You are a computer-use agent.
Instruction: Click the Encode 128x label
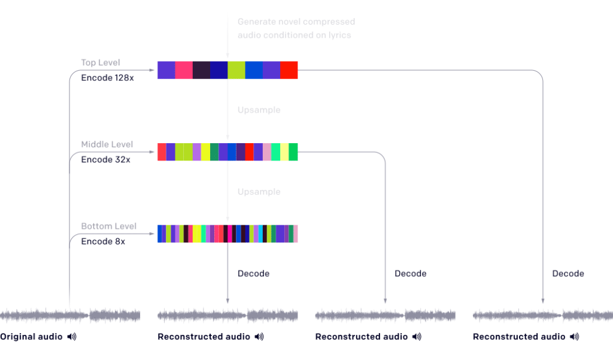pyautogui.click(x=108, y=78)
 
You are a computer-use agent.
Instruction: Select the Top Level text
pyautogui.click(x=101, y=63)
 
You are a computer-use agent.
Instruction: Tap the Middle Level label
pyautogui.click(x=107, y=144)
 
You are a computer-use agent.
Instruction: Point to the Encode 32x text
pyautogui.click(x=105, y=160)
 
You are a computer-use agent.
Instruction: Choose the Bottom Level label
pyautogui.click(x=109, y=226)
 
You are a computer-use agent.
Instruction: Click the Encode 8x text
pyautogui.click(x=103, y=241)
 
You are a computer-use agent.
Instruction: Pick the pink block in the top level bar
pyautogui.click(x=184, y=70)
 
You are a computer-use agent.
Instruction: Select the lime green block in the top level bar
pyautogui.click(x=236, y=70)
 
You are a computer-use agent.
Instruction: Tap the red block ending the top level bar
pyautogui.click(x=289, y=70)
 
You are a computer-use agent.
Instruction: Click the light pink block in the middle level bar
pyautogui.click(x=267, y=152)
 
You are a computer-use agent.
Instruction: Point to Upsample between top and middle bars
pyautogui.click(x=259, y=110)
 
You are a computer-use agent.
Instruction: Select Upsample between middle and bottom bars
pyautogui.click(x=259, y=192)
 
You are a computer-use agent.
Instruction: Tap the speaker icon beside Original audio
pyautogui.click(x=72, y=337)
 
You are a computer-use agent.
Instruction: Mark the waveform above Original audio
pyautogui.click(x=70, y=316)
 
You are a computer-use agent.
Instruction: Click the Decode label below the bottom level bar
pyautogui.click(x=253, y=274)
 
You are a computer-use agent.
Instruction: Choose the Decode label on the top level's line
pyautogui.click(x=568, y=274)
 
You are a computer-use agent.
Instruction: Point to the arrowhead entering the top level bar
pyautogui.click(x=152, y=70)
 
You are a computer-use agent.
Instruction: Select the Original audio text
pyautogui.click(x=31, y=337)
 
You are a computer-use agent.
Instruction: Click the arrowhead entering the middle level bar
pyautogui.click(x=152, y=152)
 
